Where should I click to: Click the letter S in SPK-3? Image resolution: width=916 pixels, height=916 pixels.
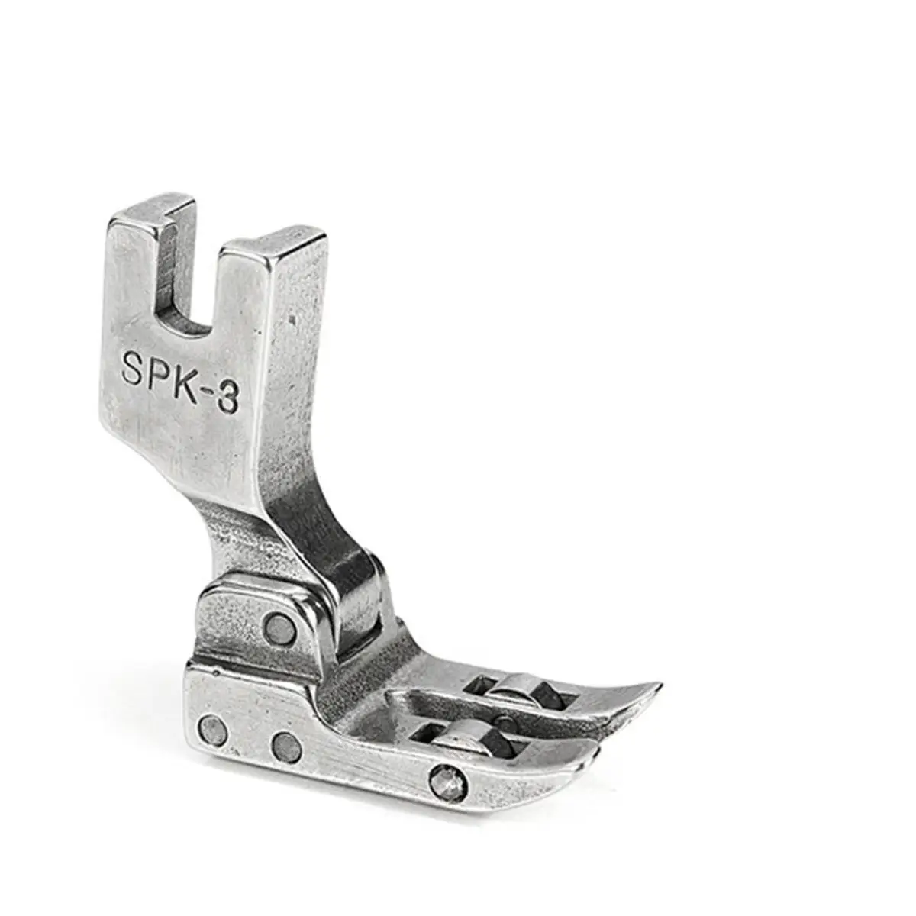click(135, 367)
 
